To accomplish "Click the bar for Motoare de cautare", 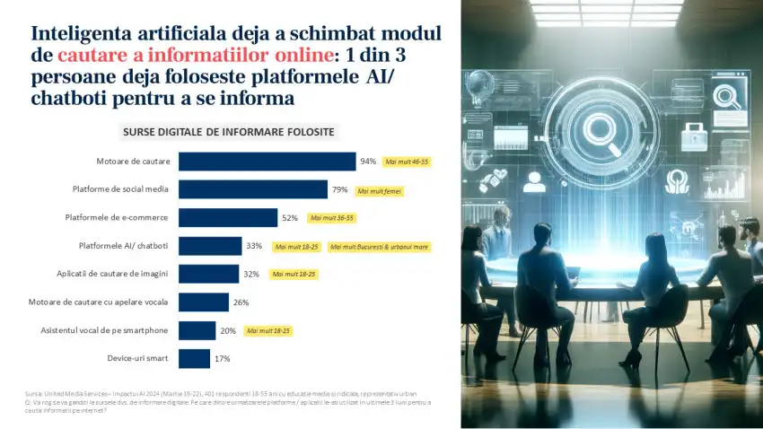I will pos(267,162).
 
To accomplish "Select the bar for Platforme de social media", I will pos(252,189).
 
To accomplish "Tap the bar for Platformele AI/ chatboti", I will pos(210,246).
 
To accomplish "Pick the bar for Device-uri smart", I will pos(194,359).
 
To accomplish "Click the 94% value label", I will pos(368,162).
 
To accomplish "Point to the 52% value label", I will pos(290,218).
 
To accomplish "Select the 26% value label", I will pos(241,302).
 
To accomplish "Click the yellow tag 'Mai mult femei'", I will pos(379,190).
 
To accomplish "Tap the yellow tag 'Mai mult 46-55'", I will pos(407,162).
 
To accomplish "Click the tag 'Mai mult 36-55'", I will pos(331,218).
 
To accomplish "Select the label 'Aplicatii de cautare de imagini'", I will pos(113,274).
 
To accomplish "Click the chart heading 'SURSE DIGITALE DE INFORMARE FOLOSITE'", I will pos(228,132).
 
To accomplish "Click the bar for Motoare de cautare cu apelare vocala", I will pos(204,302).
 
